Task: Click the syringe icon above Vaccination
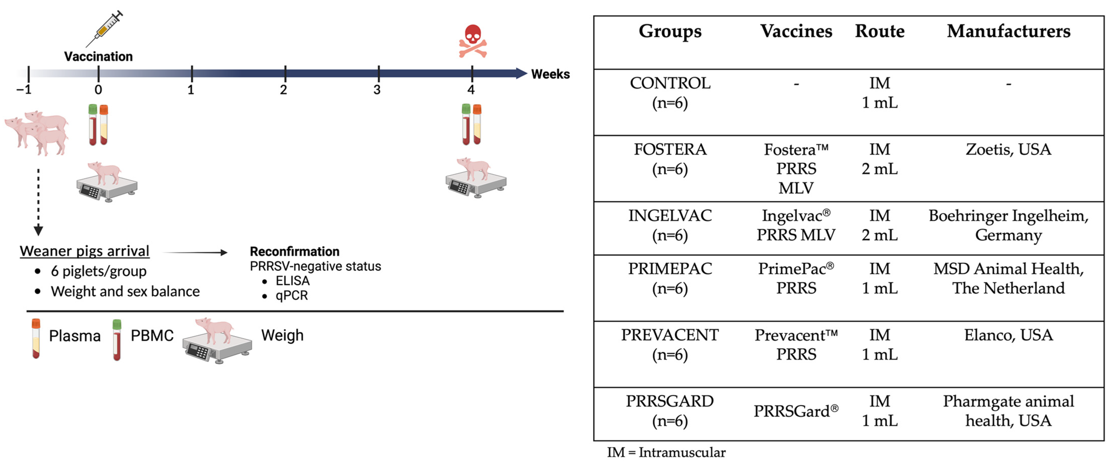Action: pyautogui.click(x=105, y=29)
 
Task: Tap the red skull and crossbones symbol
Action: pyautogui.click(x=473, y=41)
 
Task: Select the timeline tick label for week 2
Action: pyautogui.click(x=283, y=90)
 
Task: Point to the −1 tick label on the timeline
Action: pyautogui.click(x=24, y=90)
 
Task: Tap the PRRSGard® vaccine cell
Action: pyautogui.click(x=796, y=411)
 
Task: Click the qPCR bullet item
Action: pyautogui.click(x=292, y=296)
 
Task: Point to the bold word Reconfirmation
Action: pyautogui.click(x=295, y=251)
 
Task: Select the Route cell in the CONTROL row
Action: pyautogui.click(x=879, y=93)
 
